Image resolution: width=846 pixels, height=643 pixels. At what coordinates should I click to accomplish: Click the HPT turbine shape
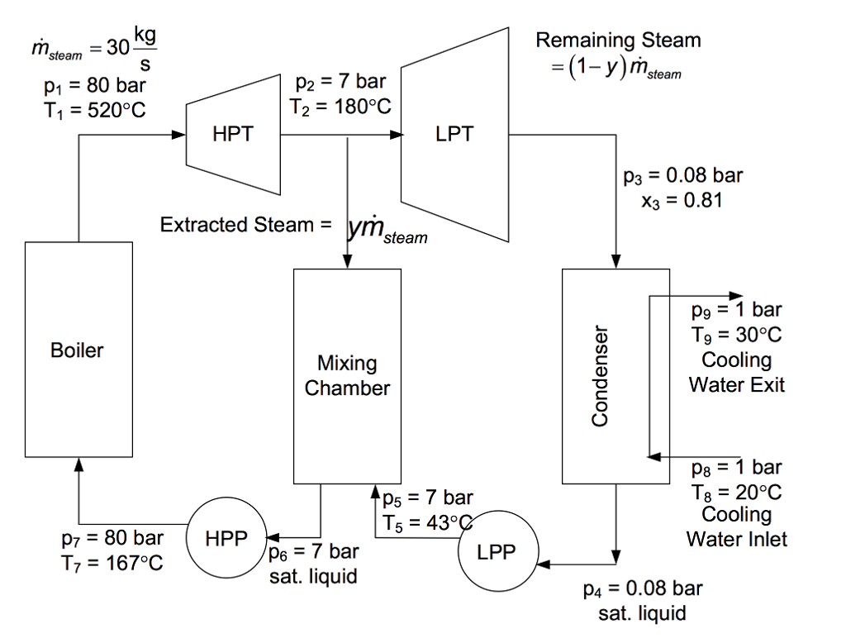(233, 134)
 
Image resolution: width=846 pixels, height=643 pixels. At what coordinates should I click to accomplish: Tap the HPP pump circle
(226, 538)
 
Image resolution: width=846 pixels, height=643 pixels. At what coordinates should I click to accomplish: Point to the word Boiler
(78, 350)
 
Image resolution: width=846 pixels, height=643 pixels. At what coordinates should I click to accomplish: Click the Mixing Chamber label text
(347, 376)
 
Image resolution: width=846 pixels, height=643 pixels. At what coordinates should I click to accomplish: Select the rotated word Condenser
(601, 376)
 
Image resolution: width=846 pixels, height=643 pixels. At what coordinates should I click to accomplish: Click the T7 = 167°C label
(112, 563)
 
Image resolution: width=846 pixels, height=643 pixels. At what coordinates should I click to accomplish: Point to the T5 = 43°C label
(427, 522)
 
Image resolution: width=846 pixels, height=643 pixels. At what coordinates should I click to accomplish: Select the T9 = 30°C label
(736, 336)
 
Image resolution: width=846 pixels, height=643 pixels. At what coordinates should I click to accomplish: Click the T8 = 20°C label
(736, 493)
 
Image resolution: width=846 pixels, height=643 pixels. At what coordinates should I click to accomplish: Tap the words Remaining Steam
(618, 40)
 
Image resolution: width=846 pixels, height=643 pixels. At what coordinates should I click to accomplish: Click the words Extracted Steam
(237, 225)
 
